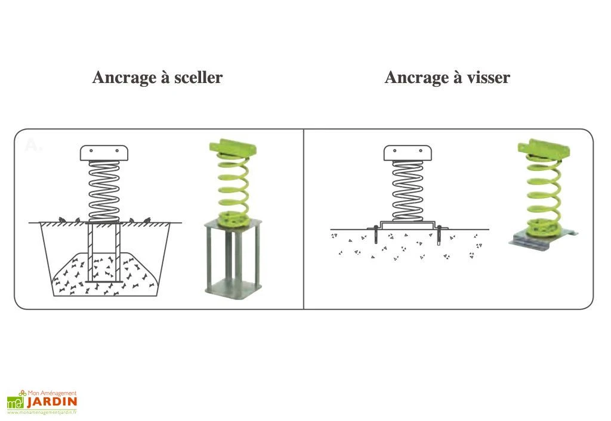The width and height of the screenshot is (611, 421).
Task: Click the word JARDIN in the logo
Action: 51,402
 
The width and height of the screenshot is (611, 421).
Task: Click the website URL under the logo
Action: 42,412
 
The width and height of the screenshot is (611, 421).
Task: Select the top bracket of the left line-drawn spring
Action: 104,153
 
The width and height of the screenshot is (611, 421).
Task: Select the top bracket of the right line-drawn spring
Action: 408,153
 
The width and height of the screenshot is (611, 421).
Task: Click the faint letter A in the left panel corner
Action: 33,145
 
